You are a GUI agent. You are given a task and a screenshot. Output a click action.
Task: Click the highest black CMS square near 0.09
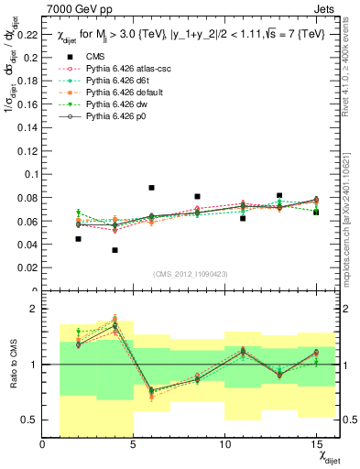click(x=151, y=188)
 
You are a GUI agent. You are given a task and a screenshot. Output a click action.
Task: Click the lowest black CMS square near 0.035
click(x=115, y=250)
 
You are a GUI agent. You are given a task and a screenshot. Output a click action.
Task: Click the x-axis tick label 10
click(x=225, y=445)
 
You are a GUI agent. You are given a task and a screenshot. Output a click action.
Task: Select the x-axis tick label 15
click(x=316, y=445)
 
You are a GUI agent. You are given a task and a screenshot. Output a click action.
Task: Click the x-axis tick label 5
click(x=134, y=445)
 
